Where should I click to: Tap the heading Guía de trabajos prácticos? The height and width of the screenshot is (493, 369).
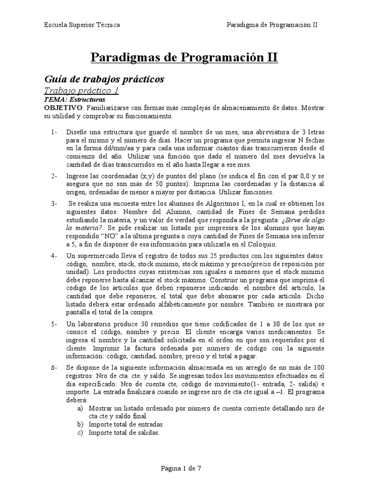tap(104, 78)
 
